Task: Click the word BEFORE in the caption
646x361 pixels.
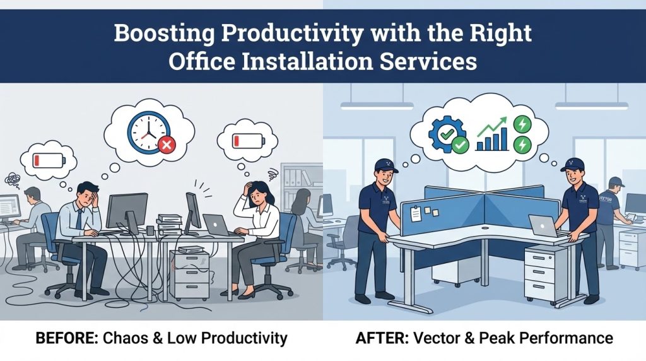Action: coord(62,338)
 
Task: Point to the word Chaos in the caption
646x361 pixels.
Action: coord(130,338)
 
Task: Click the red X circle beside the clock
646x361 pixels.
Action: coord(167,146)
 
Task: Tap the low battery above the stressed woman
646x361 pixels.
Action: coord(242,139)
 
